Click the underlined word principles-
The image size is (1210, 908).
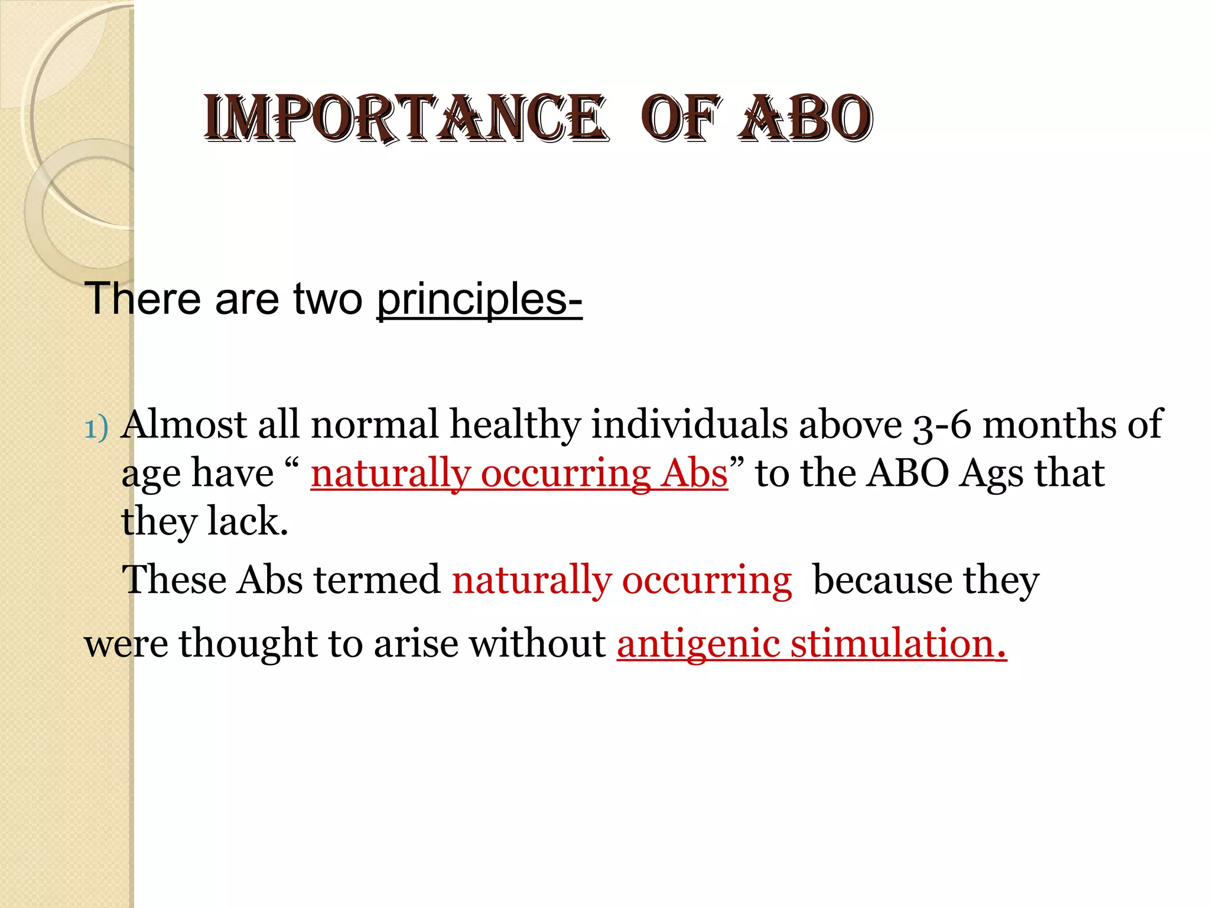click(479, 299)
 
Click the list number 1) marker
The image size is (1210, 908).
click(97, 428)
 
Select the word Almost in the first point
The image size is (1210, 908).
click(183, 424)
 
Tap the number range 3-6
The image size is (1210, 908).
click(942, 426)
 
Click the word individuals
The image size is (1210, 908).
click(689, 424)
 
